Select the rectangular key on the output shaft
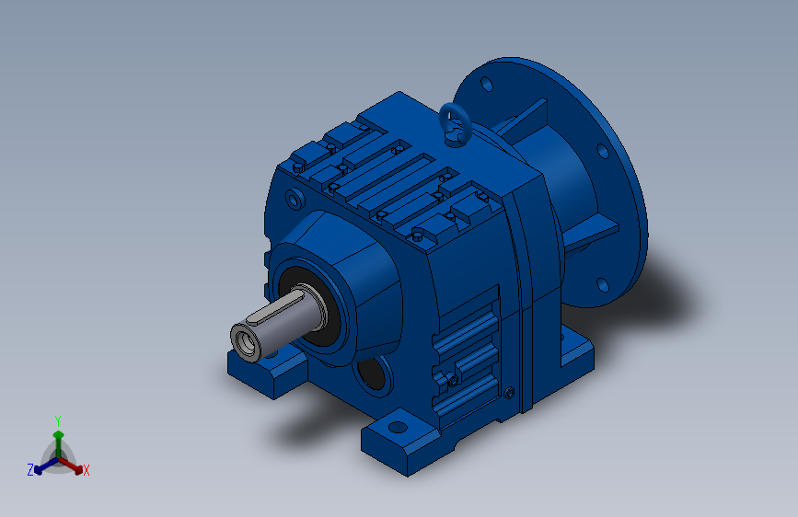[275, 308]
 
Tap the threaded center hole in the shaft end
[245, 342]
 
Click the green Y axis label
[58, 421]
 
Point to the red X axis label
[86, 470]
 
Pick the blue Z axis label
[30, 470]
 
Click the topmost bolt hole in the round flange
[487, 84]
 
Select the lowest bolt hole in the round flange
[603, 285]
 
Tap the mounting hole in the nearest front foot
[398, 427]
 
